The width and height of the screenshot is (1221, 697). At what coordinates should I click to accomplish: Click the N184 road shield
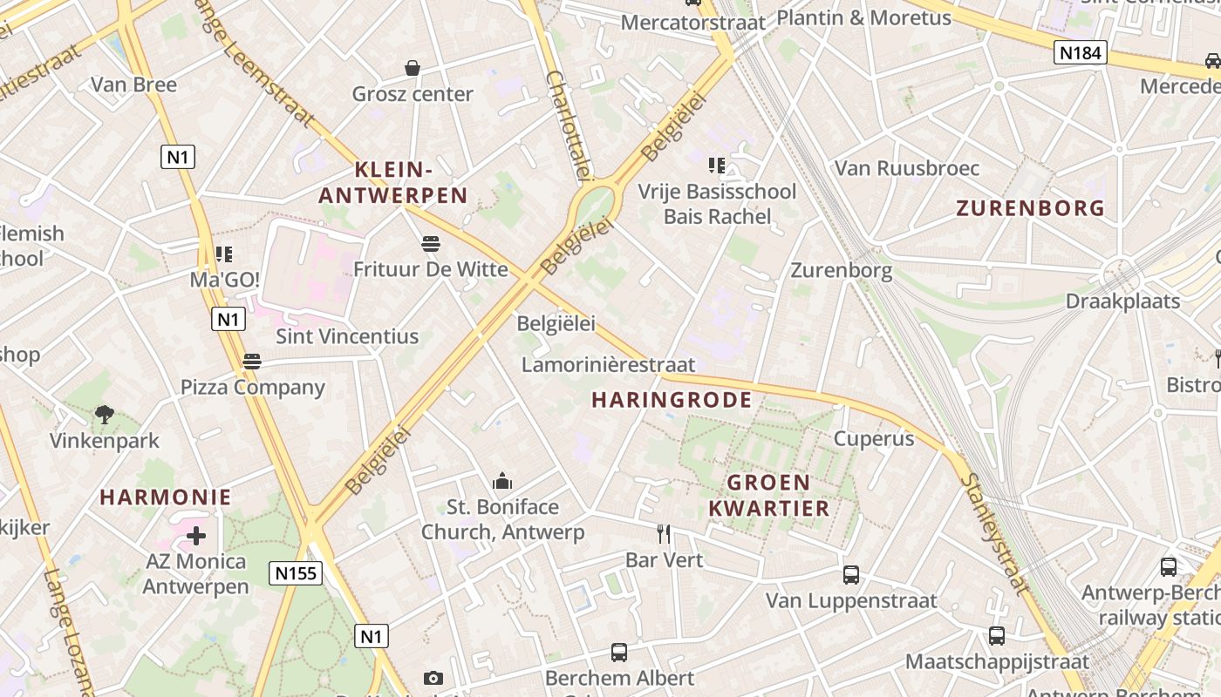click(1080, 53)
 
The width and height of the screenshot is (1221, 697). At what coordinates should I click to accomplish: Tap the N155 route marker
click(296, 572)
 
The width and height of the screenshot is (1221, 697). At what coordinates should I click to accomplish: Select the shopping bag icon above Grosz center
click(413, 68)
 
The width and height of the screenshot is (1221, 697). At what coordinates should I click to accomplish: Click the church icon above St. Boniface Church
click(502, 481)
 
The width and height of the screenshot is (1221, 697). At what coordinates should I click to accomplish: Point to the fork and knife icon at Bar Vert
click(665, 533)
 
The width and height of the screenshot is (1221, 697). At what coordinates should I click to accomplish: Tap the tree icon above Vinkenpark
click(105, 415)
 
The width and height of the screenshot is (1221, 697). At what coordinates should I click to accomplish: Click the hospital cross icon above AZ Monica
click(196, 535)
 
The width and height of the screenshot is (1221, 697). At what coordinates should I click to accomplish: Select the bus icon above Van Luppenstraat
click(851, 575)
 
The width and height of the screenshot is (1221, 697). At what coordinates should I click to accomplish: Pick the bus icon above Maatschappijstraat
click(997, 636)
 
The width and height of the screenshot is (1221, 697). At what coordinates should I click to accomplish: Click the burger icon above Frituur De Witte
click(430, 243)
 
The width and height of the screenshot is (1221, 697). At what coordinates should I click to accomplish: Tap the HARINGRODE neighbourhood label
click(672, 400)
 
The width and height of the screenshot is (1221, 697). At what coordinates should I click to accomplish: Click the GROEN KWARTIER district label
click(768, 495)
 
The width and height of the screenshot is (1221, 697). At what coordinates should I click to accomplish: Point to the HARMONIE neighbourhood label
click(166, 497)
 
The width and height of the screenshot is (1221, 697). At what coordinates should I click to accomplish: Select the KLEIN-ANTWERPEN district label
click(393, 183)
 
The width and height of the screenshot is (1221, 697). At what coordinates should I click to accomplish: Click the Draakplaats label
click(1122, 301)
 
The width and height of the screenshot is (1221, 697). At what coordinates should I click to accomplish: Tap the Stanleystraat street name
click(995, 534)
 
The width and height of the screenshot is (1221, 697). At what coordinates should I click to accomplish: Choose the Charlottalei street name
click(569, 125)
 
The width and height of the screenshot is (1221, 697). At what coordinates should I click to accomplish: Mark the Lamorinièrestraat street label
click(608, 364)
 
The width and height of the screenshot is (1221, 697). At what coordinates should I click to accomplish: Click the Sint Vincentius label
click(347, 336)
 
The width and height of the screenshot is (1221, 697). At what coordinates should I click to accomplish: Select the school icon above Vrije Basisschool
click(717, 165)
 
